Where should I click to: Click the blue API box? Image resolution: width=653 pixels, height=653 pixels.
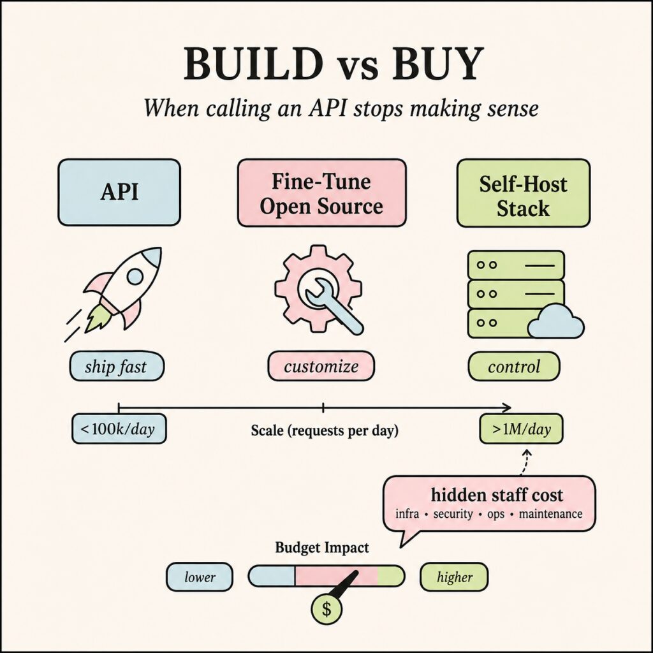[x=119, y=193]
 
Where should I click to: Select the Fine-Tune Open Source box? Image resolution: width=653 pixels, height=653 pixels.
[x=321, y=193]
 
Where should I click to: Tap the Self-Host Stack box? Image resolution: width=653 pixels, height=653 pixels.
[x=523, y=193]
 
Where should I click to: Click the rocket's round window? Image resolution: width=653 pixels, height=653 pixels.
[x=135, y=276]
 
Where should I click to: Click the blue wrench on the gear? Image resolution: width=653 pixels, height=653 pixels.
[x=334, y=306]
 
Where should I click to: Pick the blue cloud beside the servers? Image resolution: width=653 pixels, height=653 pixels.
[x=555, y=321]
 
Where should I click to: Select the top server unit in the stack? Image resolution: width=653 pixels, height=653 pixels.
[x=516, y=265]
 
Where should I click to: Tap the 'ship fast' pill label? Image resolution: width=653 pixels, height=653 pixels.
[x=117, y=366]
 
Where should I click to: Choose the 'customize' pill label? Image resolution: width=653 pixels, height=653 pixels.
[x=321, y=366]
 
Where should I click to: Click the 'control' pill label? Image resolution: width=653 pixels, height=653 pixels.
[x=514, y=367]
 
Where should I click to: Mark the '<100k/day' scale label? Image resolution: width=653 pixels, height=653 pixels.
[x=119, y=429]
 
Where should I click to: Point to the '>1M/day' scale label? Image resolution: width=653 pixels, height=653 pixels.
[x=521, y=429]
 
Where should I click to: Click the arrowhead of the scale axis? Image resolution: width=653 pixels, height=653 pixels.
[x=508, y=407]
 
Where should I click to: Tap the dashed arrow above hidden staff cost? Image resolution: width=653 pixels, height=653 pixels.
[x=525, y=462]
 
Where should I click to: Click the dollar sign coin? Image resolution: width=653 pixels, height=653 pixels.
[x=326, y=609]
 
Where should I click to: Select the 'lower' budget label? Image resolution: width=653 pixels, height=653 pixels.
[x=200, y=577]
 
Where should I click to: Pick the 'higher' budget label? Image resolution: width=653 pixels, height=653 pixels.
[x=454, y=577]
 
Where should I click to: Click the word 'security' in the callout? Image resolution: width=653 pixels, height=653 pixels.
[x=453, y=514]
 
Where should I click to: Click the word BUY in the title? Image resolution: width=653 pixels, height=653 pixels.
[x=438, y=64]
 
